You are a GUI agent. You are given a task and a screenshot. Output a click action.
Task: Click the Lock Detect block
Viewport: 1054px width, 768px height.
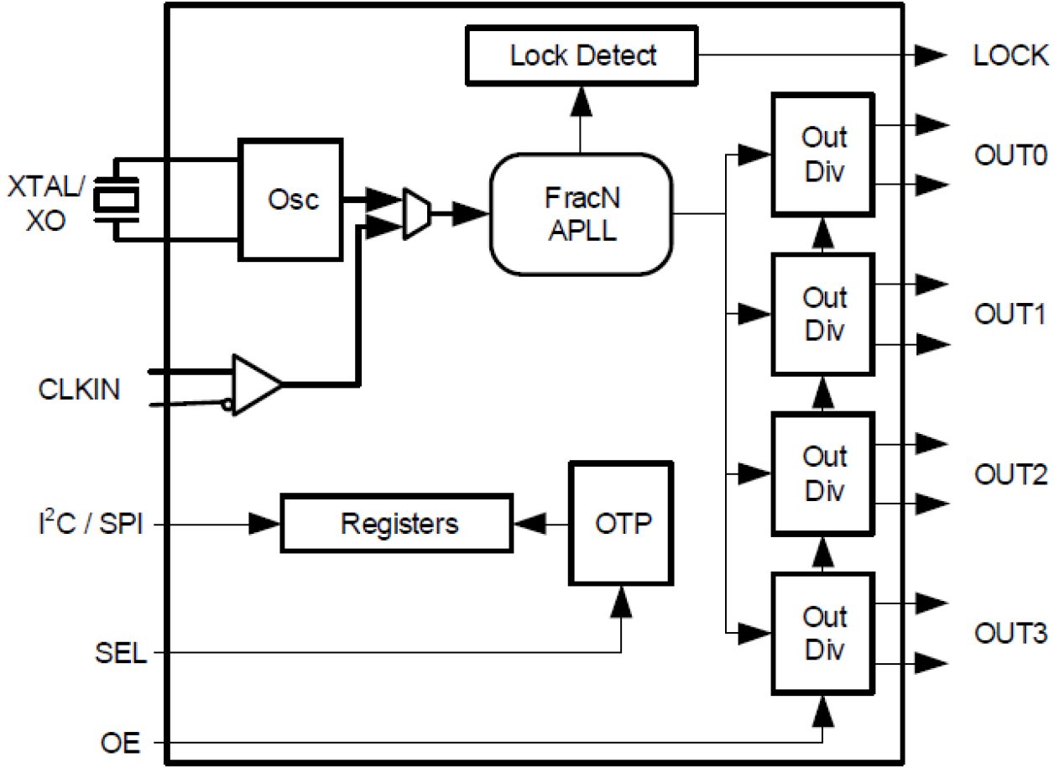click(x=582, y=56)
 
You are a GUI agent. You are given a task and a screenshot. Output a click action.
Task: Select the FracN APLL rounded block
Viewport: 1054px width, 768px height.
click(x=582, y=213)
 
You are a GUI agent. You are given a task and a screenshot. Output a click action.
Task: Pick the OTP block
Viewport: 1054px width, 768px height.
click(x=622, y=523)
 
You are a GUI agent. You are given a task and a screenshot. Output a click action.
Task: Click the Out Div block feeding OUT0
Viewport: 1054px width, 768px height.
click(x=823, y=153)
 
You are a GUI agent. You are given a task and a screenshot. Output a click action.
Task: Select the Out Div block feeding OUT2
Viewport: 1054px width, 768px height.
click(x=823, y=473)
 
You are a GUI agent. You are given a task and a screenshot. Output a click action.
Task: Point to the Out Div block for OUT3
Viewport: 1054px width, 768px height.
click(x=823, y=634)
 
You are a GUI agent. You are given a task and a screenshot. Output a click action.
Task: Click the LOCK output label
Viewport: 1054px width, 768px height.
click(x=1010, y=56)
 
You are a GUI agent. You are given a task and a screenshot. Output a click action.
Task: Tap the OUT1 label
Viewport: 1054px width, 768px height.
click(x=1010, y=315)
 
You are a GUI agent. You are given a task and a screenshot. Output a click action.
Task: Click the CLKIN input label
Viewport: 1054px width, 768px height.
click(x=79, y=390)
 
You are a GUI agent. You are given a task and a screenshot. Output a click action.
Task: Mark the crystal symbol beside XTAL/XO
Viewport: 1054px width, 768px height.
click(x=116, y=199)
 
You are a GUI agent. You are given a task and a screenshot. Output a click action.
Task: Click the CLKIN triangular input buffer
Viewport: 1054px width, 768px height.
click(x=255, y=384)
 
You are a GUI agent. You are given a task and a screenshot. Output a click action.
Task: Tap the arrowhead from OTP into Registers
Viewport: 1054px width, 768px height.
click(x=528, y=525)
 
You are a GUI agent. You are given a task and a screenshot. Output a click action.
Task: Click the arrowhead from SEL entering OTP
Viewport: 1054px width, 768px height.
click(x=621, y=601)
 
